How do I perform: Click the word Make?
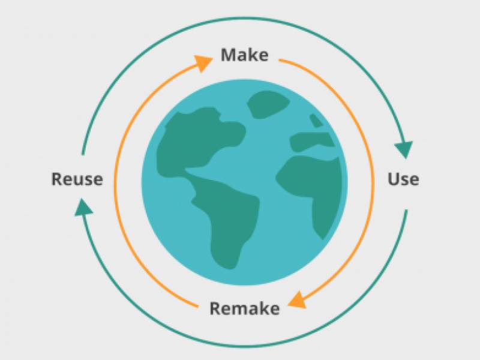(245, 55)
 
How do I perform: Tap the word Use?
(403, 179)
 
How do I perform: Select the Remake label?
(245, 308)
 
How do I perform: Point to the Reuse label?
(77, 179)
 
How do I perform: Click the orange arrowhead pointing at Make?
(203, 63)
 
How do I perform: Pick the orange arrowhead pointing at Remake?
(298, 300)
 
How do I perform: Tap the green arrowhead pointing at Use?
(404, 149)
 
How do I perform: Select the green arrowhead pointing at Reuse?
(83, 208)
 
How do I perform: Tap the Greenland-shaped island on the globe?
(268, 104)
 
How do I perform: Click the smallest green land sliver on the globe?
(316, 121)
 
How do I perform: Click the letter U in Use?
(394, 179)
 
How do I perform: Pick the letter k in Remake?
(262, 308)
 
